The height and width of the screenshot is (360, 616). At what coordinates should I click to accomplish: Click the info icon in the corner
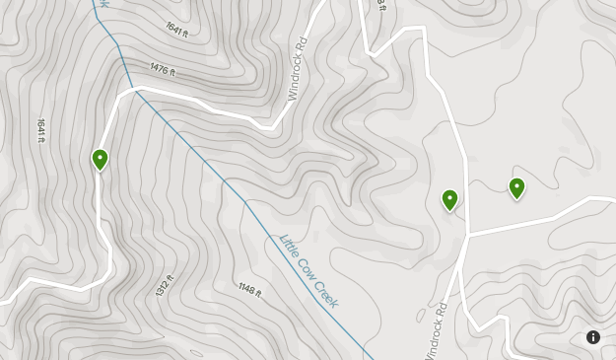click(593, 337)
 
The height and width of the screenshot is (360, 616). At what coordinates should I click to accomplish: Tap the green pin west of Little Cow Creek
click(100, 159)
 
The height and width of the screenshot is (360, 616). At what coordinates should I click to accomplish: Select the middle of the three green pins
click(449, 199)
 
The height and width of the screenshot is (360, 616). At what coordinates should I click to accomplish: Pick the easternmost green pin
click(516, 187)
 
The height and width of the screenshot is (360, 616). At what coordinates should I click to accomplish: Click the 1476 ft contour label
click(163, 69)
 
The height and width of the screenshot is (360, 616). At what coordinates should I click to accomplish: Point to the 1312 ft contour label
click(165, 287)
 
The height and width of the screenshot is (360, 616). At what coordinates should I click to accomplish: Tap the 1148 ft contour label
click(249, 289)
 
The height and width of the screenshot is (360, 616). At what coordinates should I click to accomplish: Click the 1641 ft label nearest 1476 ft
click(176, 28)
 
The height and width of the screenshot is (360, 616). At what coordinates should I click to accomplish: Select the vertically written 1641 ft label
click(41, 130)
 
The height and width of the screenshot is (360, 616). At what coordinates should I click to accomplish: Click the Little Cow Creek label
click(308, 270)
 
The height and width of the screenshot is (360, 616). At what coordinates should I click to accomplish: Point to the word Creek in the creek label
click(324, 292)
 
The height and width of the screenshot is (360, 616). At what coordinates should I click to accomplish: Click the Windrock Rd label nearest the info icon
click(437, 330)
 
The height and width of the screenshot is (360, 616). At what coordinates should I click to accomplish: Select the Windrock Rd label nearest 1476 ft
click(299, 70)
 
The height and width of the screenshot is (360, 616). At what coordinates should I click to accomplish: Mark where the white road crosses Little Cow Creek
click(137, 90)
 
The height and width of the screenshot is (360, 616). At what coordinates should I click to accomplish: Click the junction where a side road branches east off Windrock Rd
click(468, 235)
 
